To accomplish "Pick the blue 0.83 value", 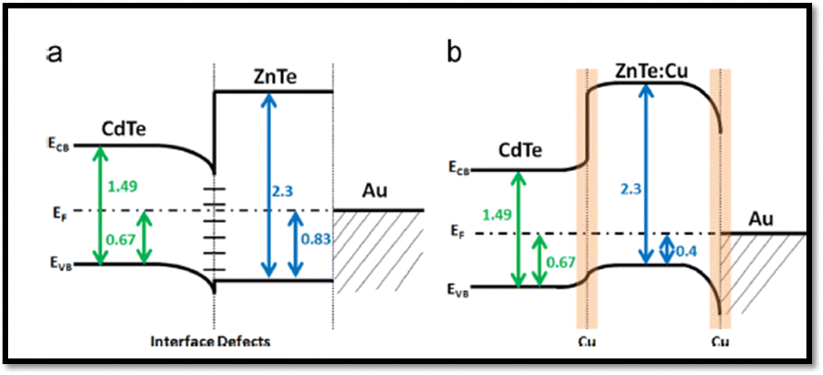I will click(x=317, y=240).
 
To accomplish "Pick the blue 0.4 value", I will click(x=684, y=253).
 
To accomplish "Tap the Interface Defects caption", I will click(x=211, y=342).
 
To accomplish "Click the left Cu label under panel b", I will click(x=587, y=342).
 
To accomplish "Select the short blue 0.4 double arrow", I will click(x=667, y=249).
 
